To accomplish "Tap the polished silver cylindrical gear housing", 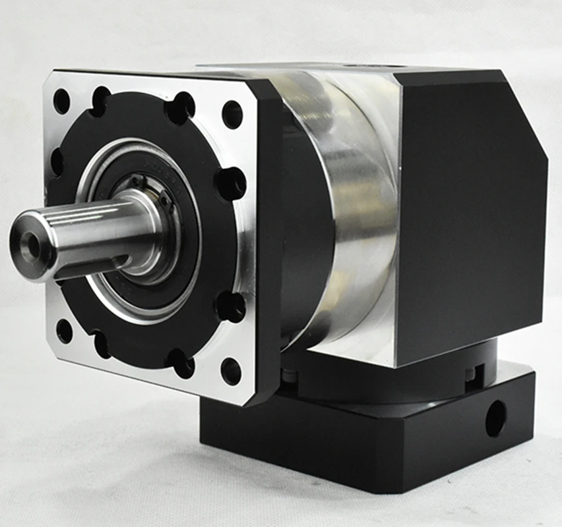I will coord(343,217).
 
